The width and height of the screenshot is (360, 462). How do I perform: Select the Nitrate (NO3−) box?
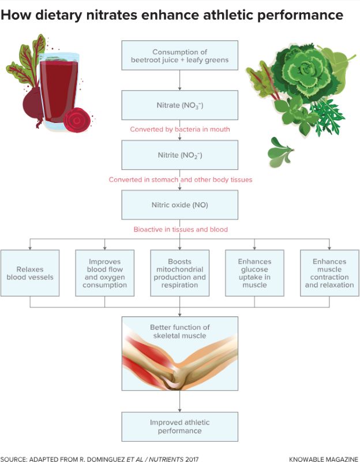point(179,105)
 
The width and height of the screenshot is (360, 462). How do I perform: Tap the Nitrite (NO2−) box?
point(179,155)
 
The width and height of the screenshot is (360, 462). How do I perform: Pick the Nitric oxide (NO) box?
point(179,205)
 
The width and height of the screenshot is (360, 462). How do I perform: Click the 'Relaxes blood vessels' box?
point(30,273)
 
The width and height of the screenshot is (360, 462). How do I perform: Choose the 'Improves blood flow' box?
point(104,273)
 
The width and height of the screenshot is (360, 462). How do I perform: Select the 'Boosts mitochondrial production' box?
point(179,273)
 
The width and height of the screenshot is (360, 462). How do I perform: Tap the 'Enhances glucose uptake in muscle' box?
point(254,273)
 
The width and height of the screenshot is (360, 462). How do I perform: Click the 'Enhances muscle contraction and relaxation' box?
point(329,273)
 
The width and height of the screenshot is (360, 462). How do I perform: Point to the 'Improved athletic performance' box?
point(179,426)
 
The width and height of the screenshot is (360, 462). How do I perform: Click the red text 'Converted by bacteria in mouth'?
point(179,129)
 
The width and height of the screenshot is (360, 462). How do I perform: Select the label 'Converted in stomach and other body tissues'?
point(181,180)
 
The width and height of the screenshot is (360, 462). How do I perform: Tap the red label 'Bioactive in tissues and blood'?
point(181,229)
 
